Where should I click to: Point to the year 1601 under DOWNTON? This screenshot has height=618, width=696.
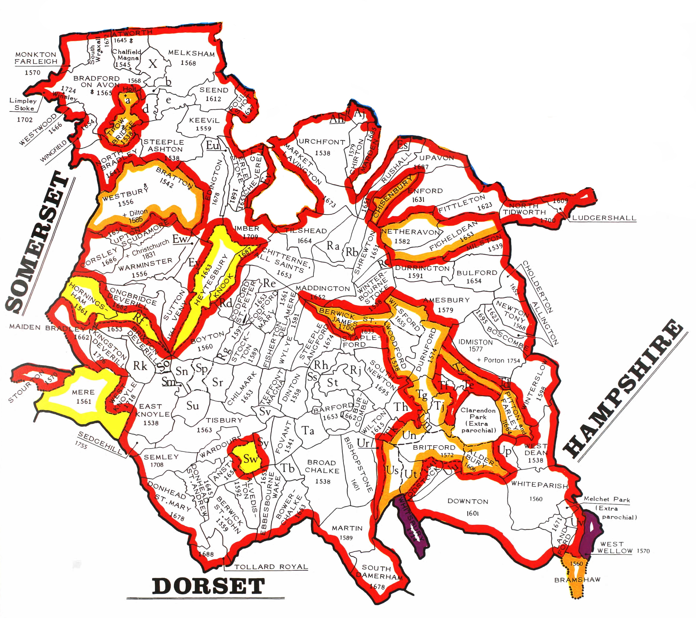point(473,513)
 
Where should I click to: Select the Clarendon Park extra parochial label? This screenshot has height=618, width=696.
point(478,420)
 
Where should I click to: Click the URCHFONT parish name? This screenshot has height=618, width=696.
point(322,142)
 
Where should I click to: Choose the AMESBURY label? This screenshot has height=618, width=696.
point(446,300)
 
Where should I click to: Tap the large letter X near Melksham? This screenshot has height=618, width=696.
point(153,64)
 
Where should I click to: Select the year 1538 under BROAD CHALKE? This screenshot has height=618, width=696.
point(322,481)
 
